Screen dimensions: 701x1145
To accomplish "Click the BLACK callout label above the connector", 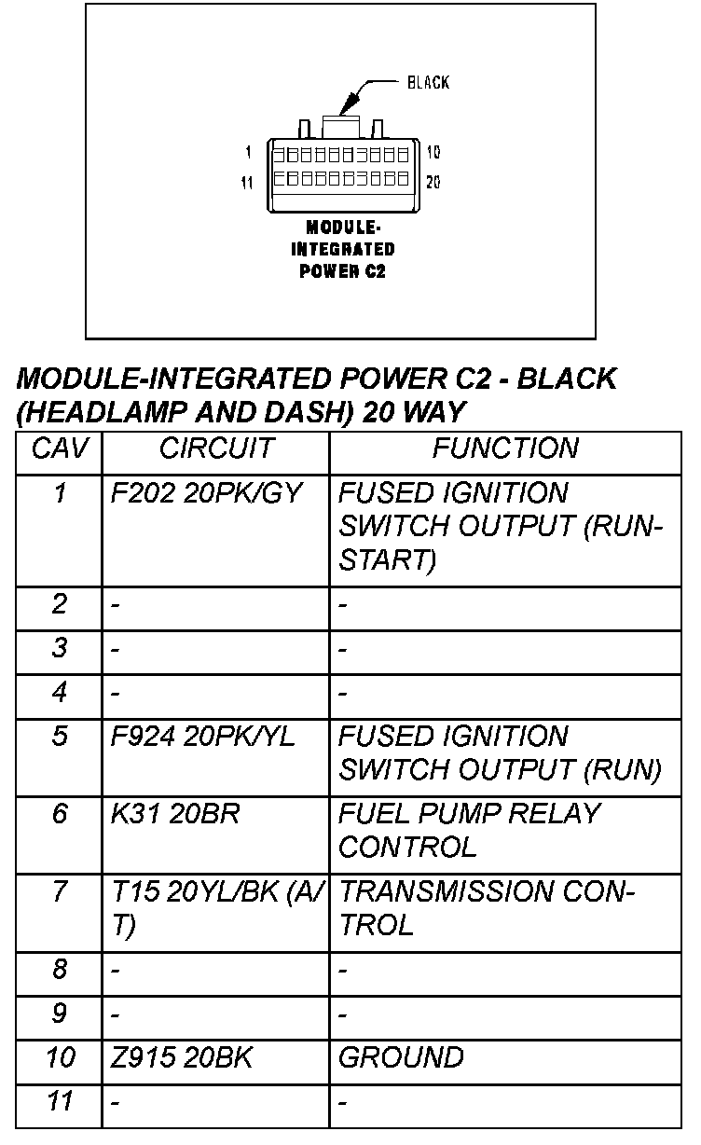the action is coord(428,83).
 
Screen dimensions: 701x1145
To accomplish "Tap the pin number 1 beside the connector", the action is coord(249,152).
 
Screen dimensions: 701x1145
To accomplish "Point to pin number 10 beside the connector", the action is coord(433,152).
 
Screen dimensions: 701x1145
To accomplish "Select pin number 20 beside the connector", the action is coord(433,182).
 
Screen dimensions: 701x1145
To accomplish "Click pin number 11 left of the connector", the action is coord(247,183).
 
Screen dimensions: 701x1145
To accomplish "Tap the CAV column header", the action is coord(60,448).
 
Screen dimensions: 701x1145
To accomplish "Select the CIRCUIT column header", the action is coord(215,448).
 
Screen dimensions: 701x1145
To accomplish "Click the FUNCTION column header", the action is coord(504,448).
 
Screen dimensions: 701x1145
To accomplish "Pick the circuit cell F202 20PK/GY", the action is coord(206,493).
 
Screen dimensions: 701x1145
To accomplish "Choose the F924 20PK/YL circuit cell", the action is coord(202,737).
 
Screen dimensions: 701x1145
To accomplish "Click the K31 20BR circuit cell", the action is coord(175,814).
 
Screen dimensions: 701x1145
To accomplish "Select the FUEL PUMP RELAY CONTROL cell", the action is coord(468,830).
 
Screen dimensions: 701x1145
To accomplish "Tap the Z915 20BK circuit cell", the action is coord(182,1058).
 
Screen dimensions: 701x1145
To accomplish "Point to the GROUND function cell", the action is coord(401,1058).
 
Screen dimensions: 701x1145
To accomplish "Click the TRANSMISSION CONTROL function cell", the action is coord(486,908).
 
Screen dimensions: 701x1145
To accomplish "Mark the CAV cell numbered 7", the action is coord(60,892).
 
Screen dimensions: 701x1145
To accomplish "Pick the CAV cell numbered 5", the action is coord(60,737).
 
